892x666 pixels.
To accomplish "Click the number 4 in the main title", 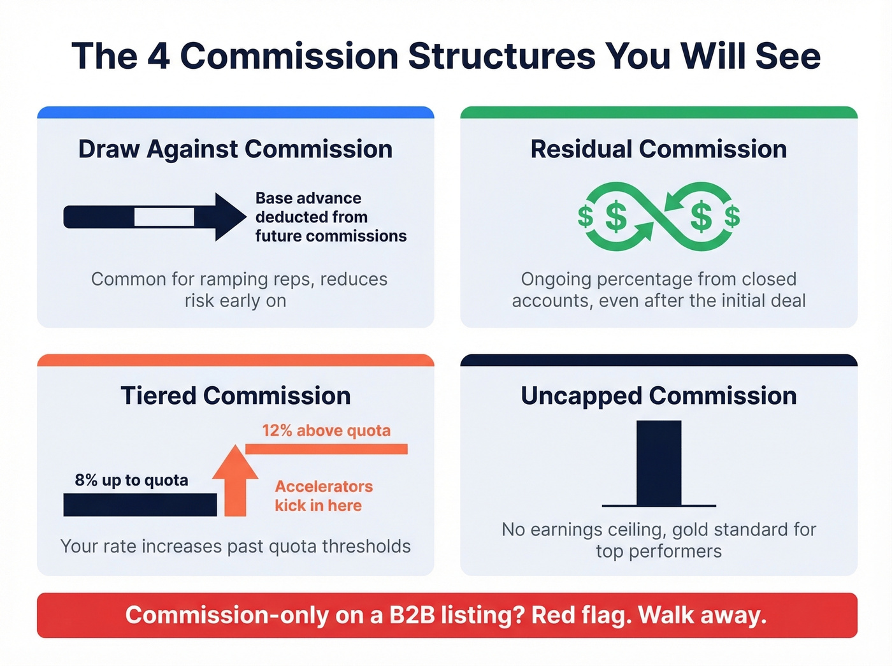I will point(159,56).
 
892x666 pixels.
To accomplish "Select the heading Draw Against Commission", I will point(235,149).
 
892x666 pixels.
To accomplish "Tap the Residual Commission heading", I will point(658,149).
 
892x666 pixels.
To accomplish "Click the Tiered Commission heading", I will point(235,396).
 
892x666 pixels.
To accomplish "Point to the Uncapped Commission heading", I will point(658,396).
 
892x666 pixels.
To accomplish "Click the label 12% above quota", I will point(326,431).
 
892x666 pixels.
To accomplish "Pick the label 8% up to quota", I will point(131,480).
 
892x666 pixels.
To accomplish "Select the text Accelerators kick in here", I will point(323,496).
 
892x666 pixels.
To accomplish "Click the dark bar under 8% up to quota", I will point(140,505).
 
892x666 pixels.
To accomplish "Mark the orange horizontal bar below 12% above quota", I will point(326,449).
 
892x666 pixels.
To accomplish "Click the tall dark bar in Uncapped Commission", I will point(659,462).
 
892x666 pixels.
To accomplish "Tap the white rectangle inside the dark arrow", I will point(164,217).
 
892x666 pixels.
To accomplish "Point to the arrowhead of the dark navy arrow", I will point(229,217).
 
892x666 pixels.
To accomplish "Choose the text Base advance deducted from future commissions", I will point(330,217).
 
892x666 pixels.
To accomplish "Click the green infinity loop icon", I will point(658,217).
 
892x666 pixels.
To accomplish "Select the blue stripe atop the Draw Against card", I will point(235,113).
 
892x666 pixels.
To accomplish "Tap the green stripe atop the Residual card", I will point(658,113).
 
